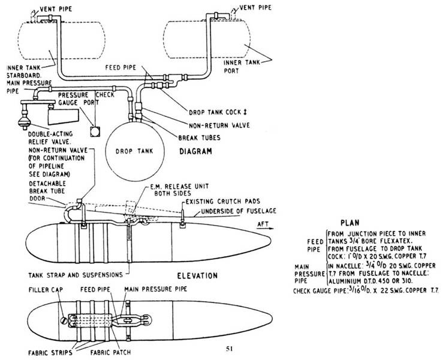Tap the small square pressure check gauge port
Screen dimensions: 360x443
click(x=93, y=130)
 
